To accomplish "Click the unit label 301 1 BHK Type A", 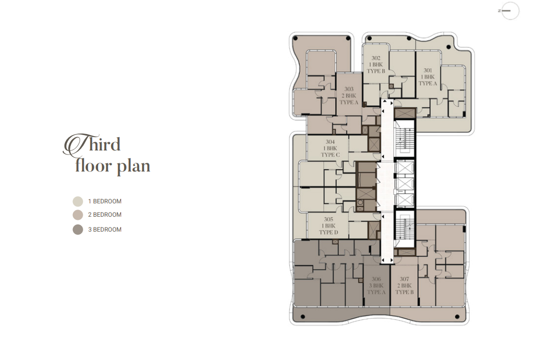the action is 428,77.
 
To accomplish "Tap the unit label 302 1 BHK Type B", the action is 376,65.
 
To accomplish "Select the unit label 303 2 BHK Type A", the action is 349,96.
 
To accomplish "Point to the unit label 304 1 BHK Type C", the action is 330,148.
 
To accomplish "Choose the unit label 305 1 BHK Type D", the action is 329,226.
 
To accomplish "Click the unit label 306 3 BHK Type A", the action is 376,286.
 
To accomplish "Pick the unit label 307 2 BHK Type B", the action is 404,286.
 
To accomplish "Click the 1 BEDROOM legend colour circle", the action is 78,201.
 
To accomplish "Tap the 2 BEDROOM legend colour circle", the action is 78,215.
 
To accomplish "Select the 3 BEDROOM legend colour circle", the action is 78,230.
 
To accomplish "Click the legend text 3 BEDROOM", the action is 105,230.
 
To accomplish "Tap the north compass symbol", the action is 509,11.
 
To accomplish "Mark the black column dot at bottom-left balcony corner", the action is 303,317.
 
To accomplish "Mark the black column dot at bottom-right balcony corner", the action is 457,317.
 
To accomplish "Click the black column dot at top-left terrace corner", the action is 296,39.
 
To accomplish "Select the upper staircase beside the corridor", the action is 404,138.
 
